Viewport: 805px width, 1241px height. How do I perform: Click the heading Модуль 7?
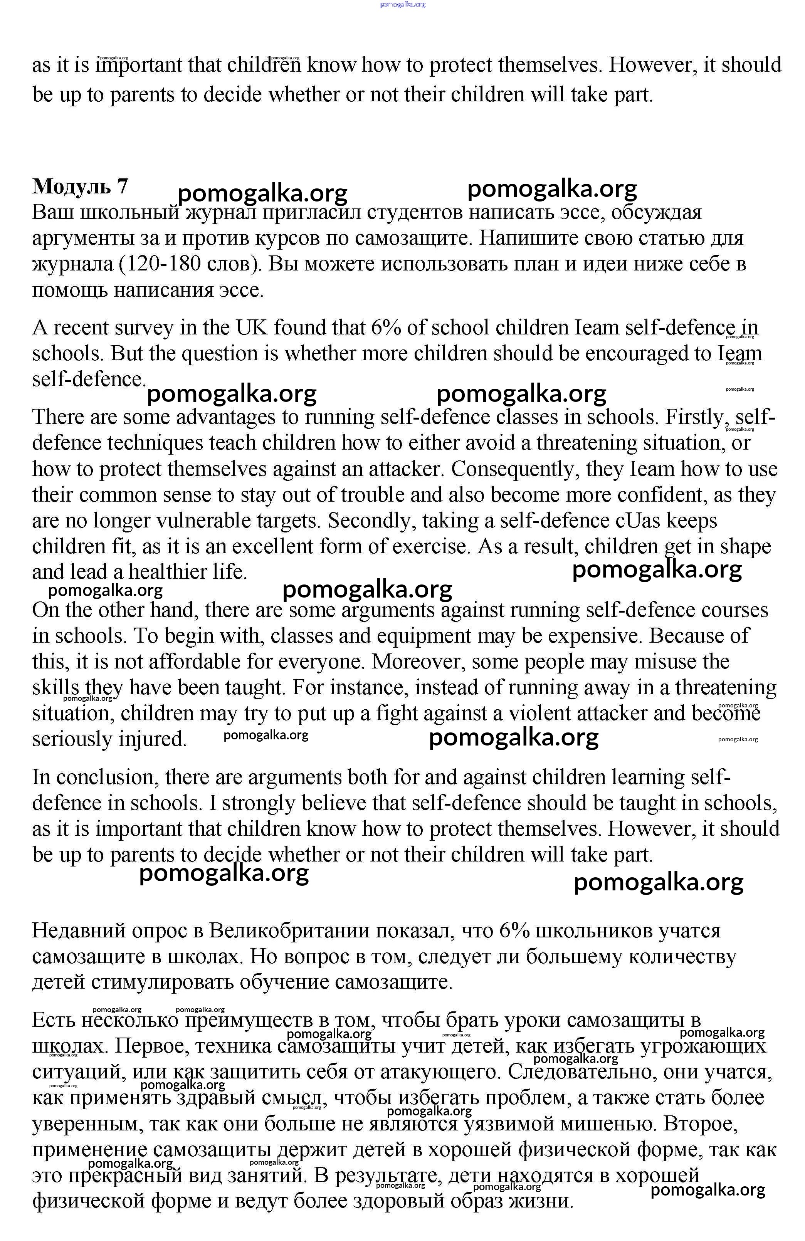point(80,186)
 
